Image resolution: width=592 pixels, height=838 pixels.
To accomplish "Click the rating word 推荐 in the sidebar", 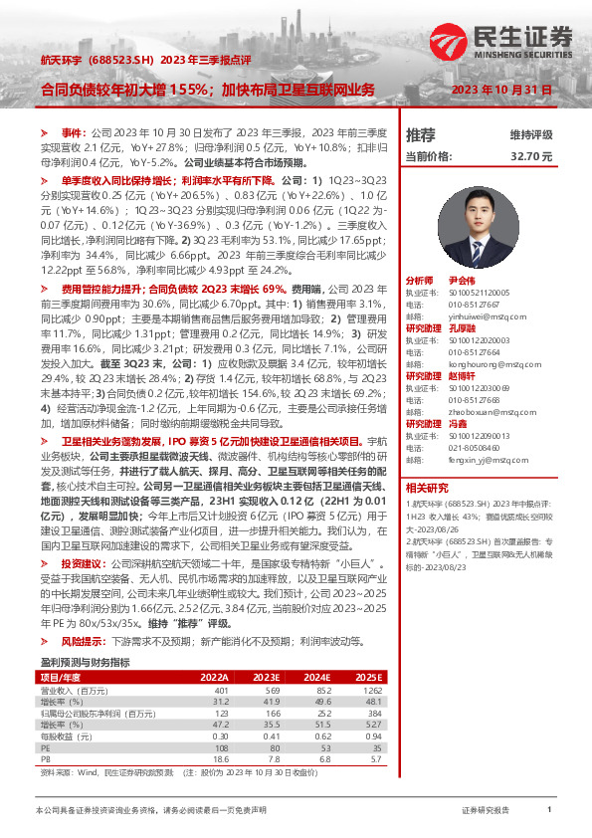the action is (x=421, y=134).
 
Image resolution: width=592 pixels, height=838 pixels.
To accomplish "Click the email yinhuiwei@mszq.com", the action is (x=469, y=309).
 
